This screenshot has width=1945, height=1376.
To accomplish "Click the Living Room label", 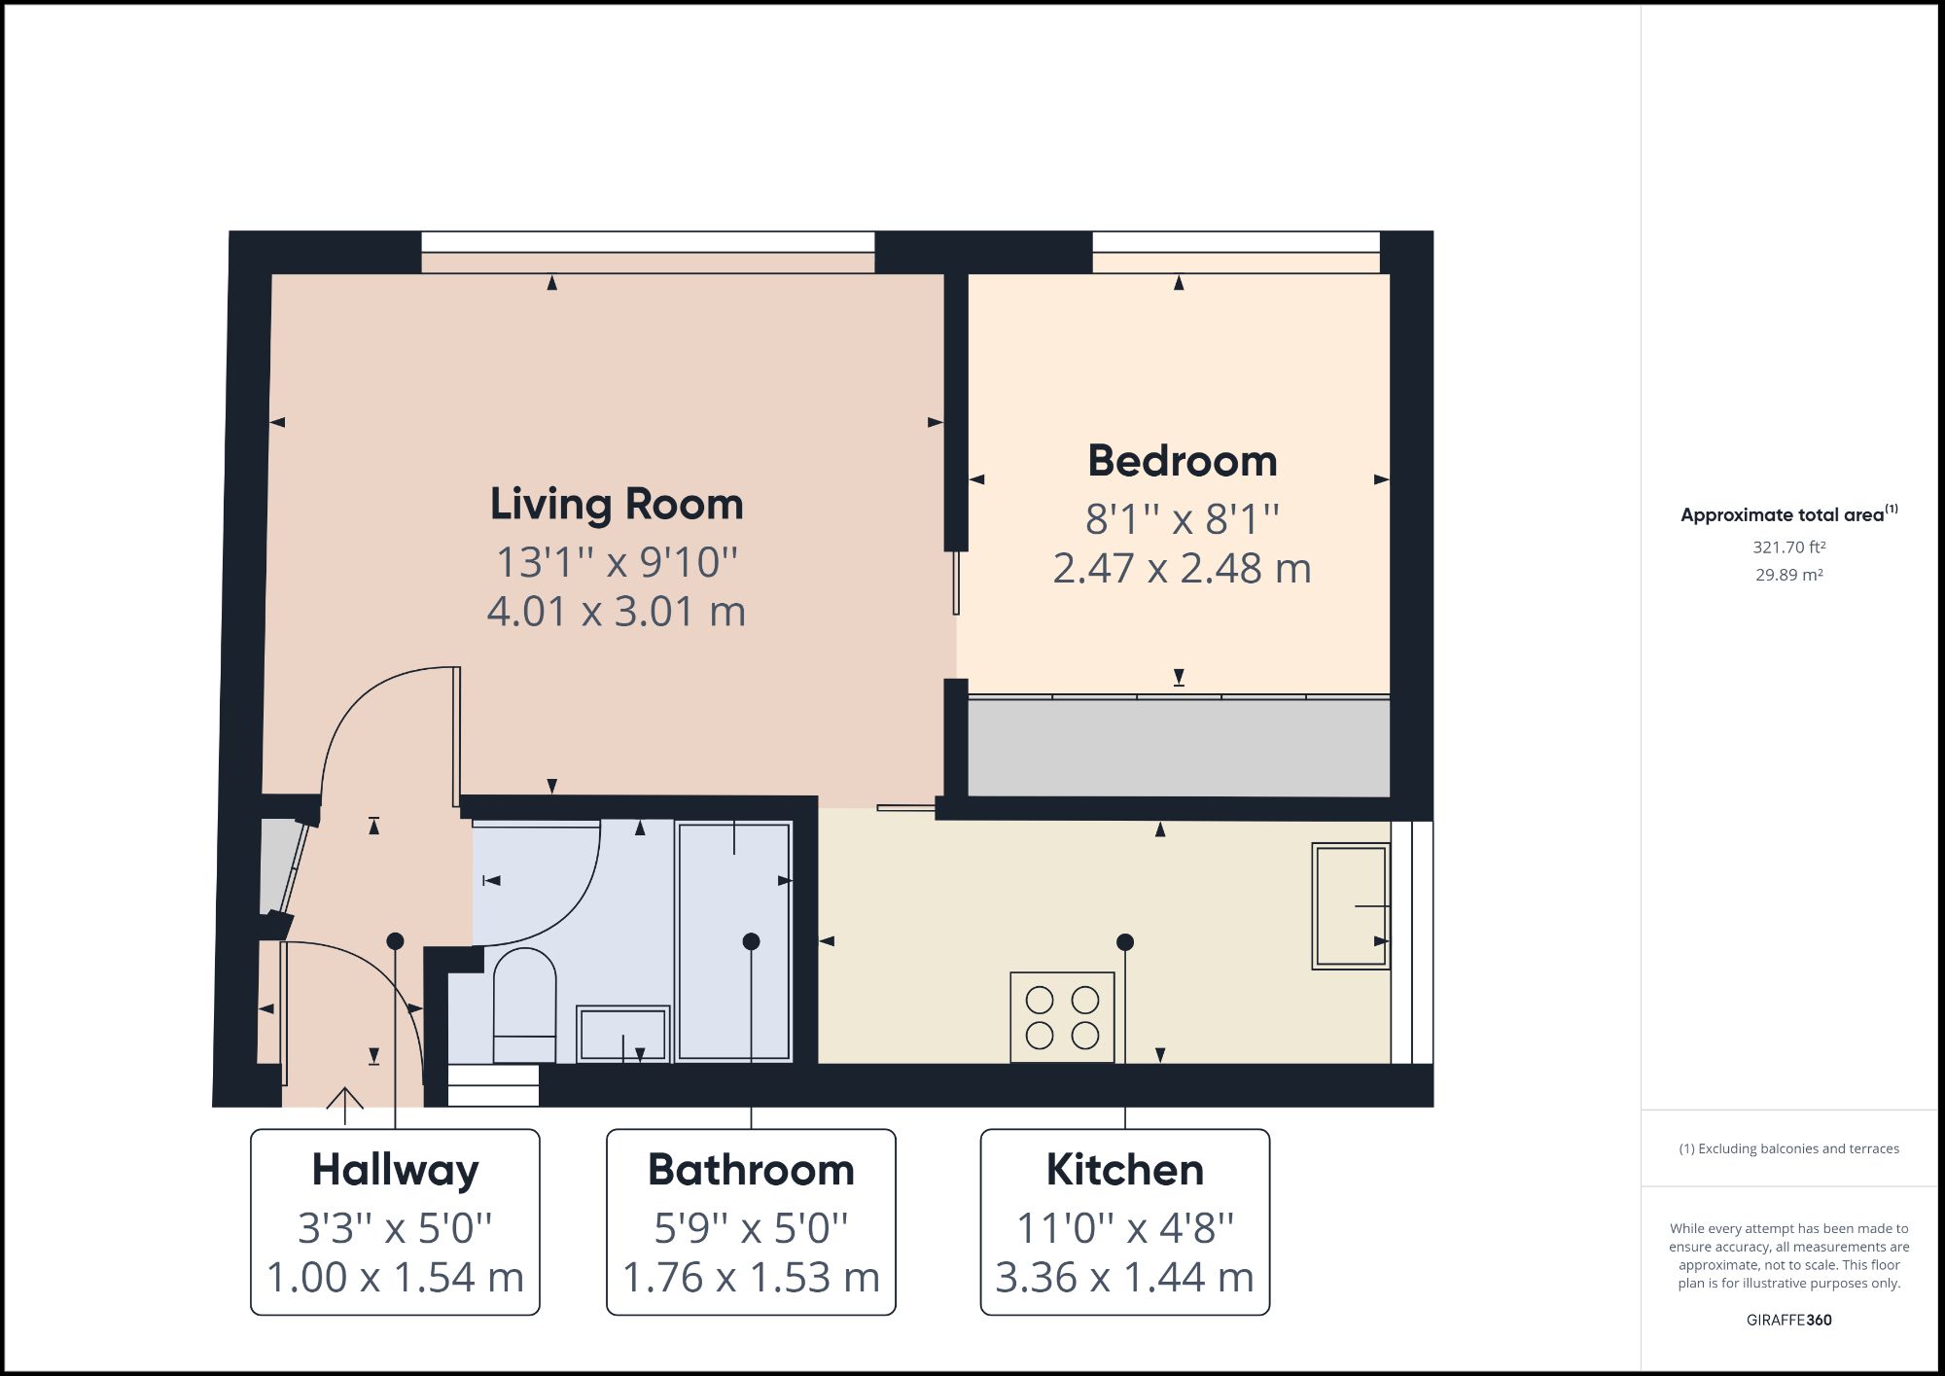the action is click(x=617, y=505).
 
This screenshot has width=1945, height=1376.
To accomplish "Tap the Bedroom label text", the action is click(x=1183, y=461).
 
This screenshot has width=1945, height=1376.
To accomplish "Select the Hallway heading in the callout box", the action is click(x=395, y=1171).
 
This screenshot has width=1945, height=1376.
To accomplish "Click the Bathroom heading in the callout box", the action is click(x=751, y=1170).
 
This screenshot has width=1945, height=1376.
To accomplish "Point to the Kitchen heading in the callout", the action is click(x=1125, y=1170).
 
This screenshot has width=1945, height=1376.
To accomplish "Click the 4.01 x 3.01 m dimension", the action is click(x=617, y=612).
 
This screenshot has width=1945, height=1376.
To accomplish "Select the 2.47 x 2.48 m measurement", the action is click(x=1183, y=569).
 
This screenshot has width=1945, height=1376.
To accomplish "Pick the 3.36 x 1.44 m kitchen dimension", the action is click(x=1125, y=1278).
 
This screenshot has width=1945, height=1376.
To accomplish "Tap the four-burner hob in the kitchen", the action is click(x=1062, y=1017).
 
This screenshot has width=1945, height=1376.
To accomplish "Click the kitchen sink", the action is click(x=1351, y=906).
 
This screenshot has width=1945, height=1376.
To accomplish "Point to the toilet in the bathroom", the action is click(x=524, y=1006).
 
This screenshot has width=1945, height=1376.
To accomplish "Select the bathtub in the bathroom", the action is click(x=734, y=941).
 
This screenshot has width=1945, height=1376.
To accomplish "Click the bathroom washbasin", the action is click(x=623, y=1034).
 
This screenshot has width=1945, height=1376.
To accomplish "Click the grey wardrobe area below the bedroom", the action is click(x=1179, y=747).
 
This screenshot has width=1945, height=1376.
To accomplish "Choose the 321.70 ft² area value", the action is click(x=1789, y=547).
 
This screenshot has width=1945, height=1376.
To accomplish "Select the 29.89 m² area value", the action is click(x=1789, y=575).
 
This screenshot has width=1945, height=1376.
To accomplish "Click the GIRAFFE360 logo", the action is click(x=1789, y=1320).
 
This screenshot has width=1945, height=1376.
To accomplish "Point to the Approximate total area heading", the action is click(x=1789, y=514).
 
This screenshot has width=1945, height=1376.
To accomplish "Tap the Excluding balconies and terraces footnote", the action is click(x=1789, y=1148).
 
